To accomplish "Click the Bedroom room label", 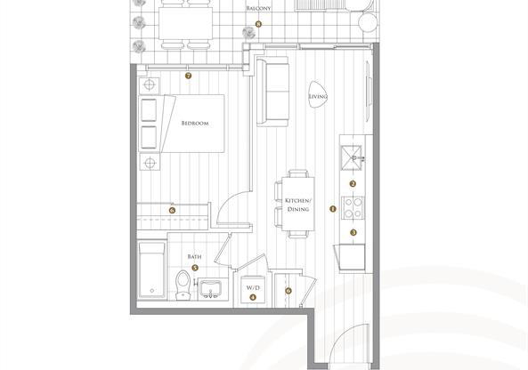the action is click(195, 124).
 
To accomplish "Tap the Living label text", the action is click(318, 97).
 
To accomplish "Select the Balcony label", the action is click(258, 8).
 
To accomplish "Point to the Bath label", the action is click(194, 257).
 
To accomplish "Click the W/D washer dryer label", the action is click(253, 288).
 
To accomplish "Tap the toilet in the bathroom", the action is click(183, 285).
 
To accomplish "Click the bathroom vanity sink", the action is click(210, 289).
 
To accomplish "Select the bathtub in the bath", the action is click(152, 269).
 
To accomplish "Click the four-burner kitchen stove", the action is click(353, 207).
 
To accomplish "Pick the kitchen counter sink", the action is click(352, 158).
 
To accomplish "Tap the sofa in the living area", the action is click(272, 92).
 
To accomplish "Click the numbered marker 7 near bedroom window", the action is click(188, 76).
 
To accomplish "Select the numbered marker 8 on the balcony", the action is click(258, 24).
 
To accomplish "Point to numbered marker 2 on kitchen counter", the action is click(353, 183).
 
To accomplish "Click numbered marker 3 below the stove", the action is click(353, 232).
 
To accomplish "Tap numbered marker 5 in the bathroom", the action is click(195, 268).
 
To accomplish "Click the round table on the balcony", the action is click(369, 23).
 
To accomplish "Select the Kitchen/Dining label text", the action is click(298, 205).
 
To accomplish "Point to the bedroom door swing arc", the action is click(226, 200).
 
